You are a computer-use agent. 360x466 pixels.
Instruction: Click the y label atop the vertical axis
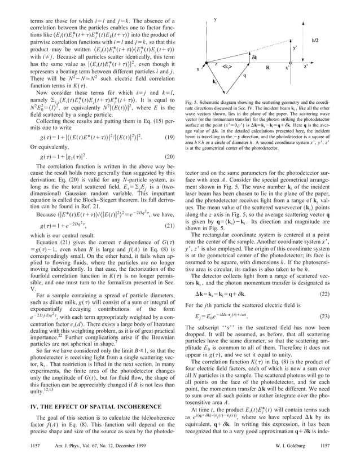click(216, 20)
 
